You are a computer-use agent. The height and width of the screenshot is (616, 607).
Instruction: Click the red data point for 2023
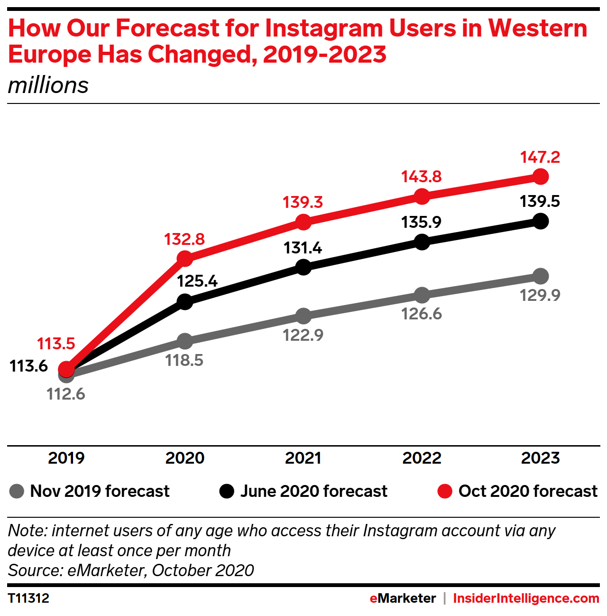(x=540, y=177)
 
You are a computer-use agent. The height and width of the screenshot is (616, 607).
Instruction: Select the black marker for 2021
(x=303, y=267)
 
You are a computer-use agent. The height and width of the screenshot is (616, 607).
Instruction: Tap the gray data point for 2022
(x=422, y=295)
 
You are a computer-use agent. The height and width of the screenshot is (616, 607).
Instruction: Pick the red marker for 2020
(x=184, y=259)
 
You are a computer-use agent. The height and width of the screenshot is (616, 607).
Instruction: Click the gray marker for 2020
(x=184, y=341)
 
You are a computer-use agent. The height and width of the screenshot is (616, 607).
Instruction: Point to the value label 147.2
(x=540, y=157)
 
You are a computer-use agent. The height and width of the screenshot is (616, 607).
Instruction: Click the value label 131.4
(x=303, y=248)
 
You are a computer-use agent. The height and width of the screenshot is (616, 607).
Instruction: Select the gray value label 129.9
(x=540, y=295)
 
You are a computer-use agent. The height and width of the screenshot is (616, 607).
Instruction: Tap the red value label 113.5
(x=56, y=344)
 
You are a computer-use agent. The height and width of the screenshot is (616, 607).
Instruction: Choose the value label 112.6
(x=65, y=394)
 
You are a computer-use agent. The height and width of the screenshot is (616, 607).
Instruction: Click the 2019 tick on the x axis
(x=66, y=458)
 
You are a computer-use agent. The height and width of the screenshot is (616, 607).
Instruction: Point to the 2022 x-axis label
(x=422, y=458)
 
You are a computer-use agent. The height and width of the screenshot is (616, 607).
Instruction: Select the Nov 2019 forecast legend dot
(x=17, y=491)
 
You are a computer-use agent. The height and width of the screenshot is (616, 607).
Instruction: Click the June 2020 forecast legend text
(x=313, y=491)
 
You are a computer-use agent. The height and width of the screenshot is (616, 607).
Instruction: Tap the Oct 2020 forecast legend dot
(x=444, y=491)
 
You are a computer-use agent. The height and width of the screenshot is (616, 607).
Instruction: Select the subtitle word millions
(x=48, y=85)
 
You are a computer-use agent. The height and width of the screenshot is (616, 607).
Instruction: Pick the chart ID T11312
(x=28, y=598)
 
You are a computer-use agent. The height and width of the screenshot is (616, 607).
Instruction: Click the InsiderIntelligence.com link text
(x=526, y=598)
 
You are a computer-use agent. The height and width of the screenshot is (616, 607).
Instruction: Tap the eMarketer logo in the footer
(x=403, y=598)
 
